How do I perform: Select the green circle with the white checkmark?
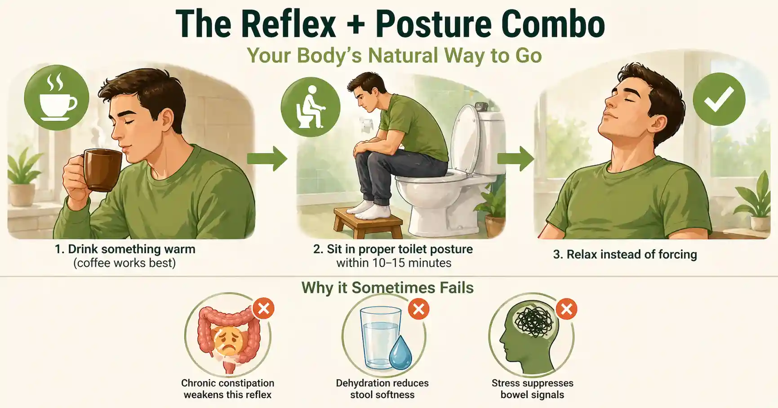(719, 99)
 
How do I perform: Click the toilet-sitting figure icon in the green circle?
(310, 107)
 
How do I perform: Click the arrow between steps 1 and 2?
(267, 158)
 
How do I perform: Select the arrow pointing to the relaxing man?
(516, 158)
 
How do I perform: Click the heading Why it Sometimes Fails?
(387, 287)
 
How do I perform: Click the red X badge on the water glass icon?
(418, 309)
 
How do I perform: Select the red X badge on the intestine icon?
(263, 308)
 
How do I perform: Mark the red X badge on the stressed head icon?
(566, 309)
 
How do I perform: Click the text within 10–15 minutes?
(394, 263)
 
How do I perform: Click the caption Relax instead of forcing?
(625, 254)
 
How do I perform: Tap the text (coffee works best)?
(124, 263)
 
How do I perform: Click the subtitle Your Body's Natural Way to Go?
(394, 56)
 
